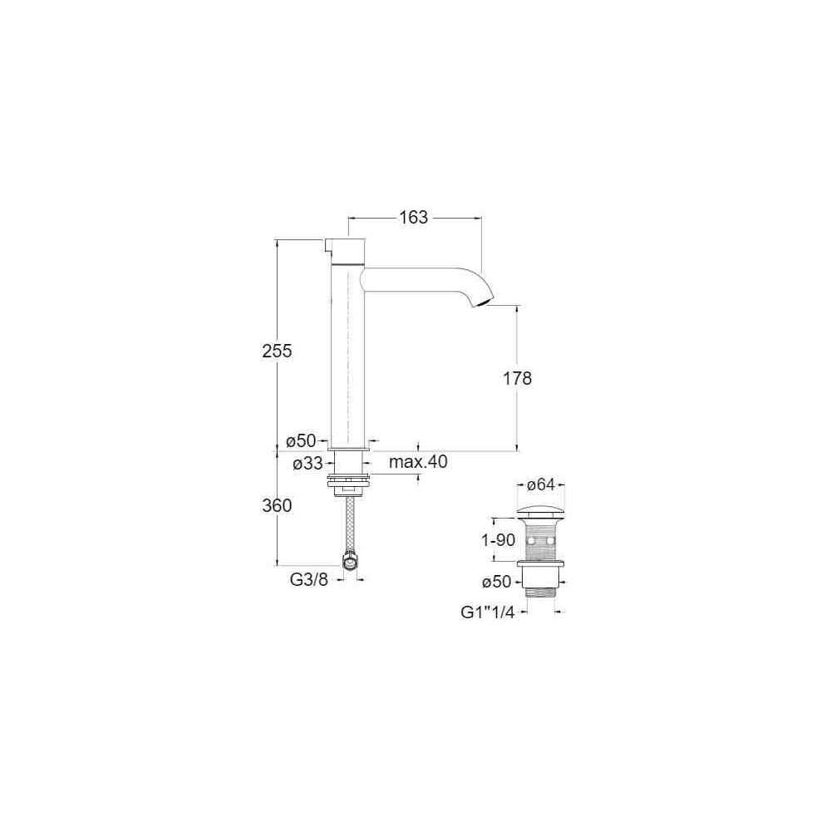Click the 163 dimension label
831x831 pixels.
point(413,217)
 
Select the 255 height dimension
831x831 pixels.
point(277,351)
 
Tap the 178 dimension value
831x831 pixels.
point(517,378)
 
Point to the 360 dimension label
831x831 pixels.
point(277,505)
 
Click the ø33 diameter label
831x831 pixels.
point(308,464)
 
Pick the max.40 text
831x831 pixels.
point(418,462)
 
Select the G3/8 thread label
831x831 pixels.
point(309,580)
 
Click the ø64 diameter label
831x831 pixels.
point(541,484)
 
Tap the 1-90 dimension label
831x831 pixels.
point(498,540)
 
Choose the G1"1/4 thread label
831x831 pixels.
point(488,612)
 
